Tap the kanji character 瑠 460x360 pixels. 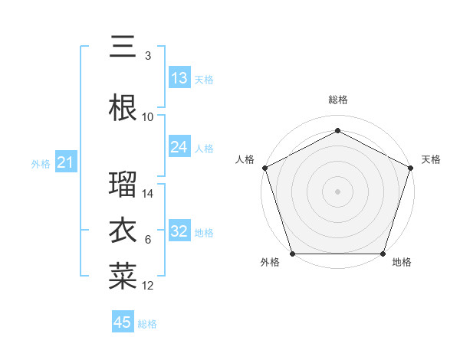click(x=123, y=185)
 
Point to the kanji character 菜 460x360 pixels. click(x=123, y=277)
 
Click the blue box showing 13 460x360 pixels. click(x=179, y=78)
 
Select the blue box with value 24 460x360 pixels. click(x=179, y=147)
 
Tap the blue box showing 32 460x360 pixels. click(x=179, y=231)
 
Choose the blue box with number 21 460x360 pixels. click(x=65, y=162)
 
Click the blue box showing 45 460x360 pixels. click(x=123, y=322)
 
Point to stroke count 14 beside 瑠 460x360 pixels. click(x=148, y=194)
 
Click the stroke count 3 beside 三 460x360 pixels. click(x=148, y=56)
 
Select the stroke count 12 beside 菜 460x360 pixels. click(x=148, y=286)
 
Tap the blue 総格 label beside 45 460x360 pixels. click(x=147, y=324)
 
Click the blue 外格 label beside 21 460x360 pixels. click(x=41, y=164)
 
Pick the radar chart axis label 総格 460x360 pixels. click(x=337, y=100)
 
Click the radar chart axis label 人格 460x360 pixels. click(x=245, y=159)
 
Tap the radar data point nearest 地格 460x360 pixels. click(x=383, y=254)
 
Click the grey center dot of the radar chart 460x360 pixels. click(x=337, y=191)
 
